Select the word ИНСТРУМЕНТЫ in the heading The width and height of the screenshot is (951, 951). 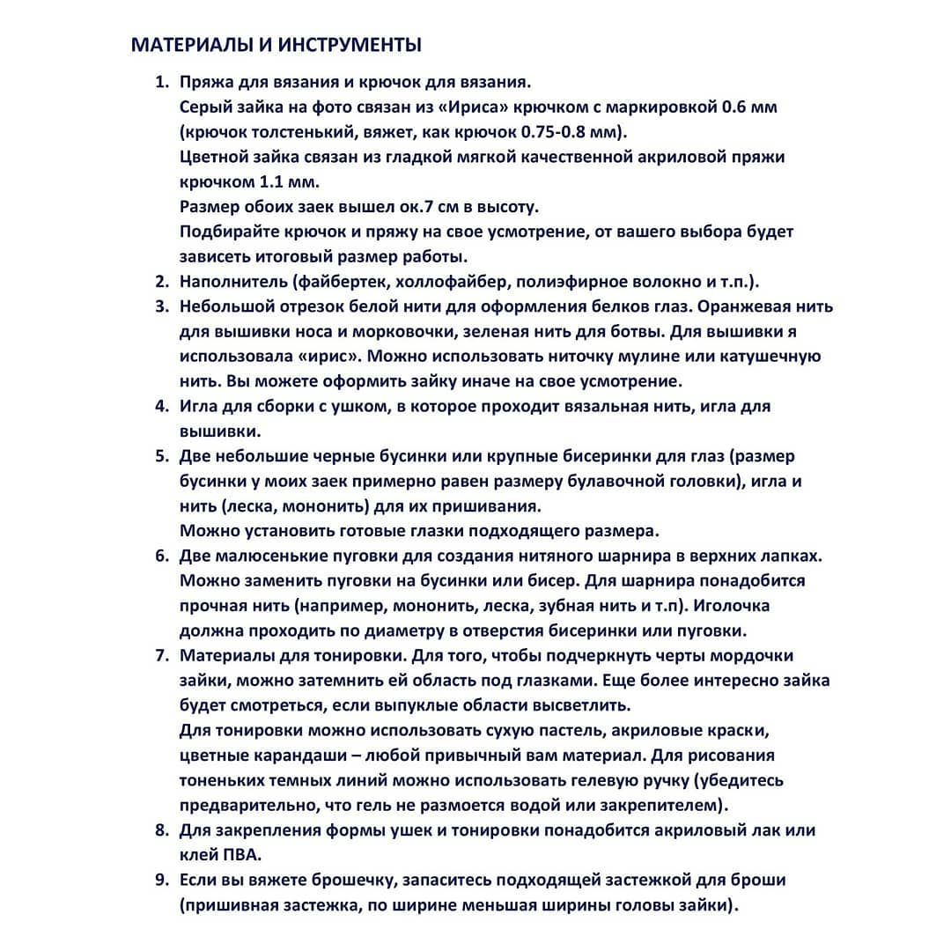[x=352, y=44]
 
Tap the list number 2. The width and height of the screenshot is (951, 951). [x=161, y=283]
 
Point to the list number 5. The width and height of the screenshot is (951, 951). [x=161, y=456]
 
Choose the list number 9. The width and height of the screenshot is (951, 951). [x=161, y=880]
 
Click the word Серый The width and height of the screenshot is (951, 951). [x=203, y=108]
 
